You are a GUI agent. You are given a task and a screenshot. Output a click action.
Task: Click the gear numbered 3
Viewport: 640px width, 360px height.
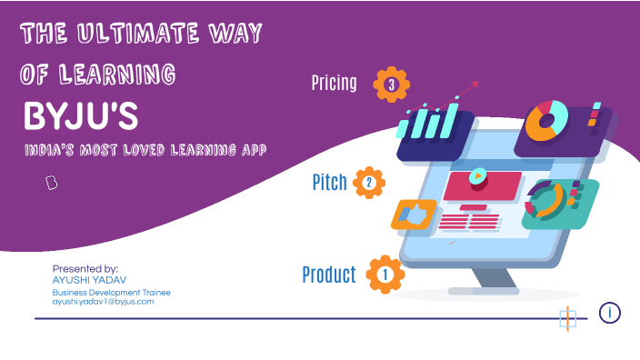tap(391, 85)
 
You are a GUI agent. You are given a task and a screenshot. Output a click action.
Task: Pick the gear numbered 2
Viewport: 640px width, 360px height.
tap(369, 183)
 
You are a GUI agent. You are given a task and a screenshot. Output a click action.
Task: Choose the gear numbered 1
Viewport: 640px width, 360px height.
tap(385, 274)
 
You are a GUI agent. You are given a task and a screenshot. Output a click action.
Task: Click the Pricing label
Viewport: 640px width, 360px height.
tap(334, 85)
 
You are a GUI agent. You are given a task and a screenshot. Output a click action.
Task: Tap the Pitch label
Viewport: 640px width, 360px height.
tap(329, 183)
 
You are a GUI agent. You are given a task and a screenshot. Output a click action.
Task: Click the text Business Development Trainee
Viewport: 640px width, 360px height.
tap(111, 292)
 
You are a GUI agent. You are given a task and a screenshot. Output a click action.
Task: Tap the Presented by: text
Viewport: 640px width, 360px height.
tap(85, 269)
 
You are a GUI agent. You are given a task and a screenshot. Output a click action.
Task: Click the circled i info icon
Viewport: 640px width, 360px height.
tap(610, 313)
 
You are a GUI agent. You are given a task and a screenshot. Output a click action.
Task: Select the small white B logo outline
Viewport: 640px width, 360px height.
tap(52, 183)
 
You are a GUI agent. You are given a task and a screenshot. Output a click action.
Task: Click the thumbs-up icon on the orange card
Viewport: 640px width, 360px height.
tap(414, 215)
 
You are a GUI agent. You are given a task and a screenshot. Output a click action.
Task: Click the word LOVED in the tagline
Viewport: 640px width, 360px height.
tap(150, 147)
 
